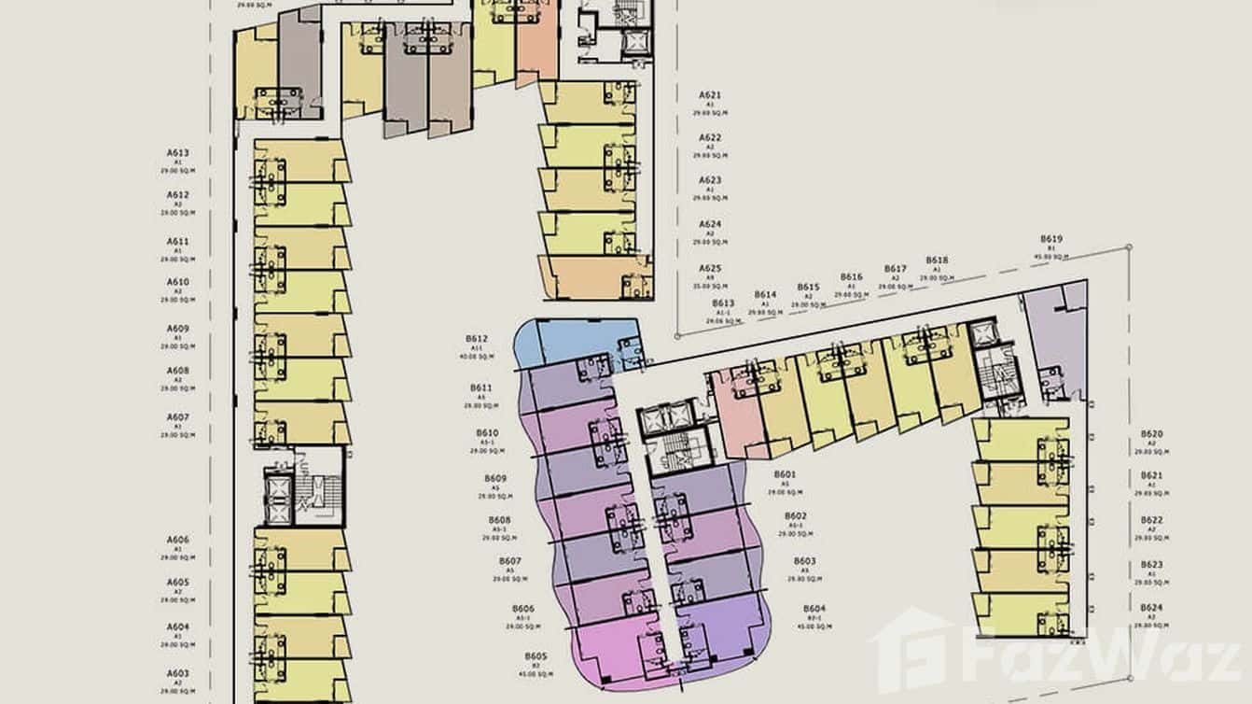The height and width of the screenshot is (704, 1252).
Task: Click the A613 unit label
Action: (178, 152)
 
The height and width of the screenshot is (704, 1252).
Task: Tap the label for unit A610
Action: (178, 282)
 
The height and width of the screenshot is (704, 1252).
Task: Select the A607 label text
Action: (178, 416)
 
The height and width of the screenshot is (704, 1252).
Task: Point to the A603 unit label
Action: (178, 673)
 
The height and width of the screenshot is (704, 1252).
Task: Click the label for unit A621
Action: (710, 95)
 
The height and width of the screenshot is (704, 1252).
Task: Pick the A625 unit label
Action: (710, 268)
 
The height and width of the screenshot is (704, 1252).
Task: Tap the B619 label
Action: (1048, 238)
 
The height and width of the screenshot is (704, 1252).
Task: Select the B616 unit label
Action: (851, 277)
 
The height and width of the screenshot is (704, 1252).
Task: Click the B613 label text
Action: (723, 303)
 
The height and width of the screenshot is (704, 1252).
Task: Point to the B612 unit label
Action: (477, 339)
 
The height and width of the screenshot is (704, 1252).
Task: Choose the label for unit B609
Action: (495, 479)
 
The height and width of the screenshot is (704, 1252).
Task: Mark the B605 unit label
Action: (536, 655)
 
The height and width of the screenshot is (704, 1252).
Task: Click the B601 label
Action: (785, 474)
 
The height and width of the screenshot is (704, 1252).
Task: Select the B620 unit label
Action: (1152, 434)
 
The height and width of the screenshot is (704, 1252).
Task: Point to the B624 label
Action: (1152, 608)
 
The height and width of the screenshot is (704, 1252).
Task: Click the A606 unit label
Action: (178, 540)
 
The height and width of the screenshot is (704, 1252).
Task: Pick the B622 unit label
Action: (1152, 520)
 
